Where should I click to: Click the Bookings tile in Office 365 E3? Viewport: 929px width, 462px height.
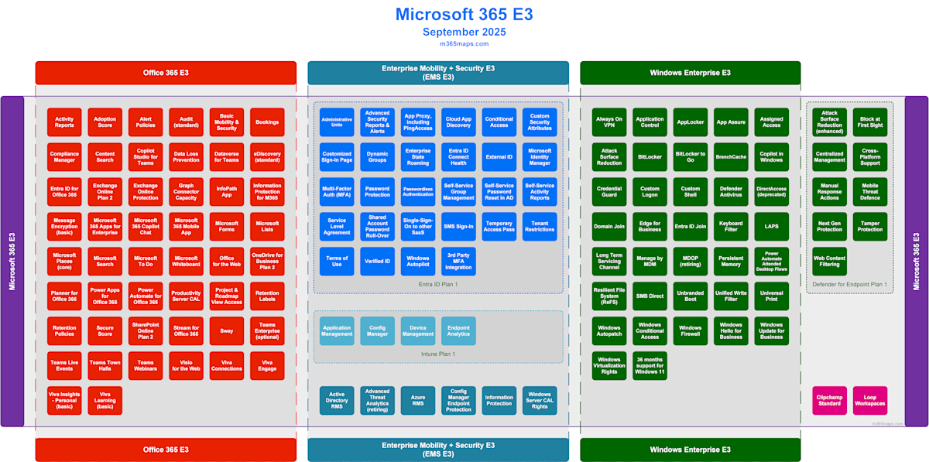pyautogui.click(x=267, y=122)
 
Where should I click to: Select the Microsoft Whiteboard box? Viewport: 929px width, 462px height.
pyautogui.click(x=186, y=262)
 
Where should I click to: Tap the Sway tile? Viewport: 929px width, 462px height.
pyautogui.click(x=227, y=330)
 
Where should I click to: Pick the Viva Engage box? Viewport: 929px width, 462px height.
pyautogui.click(x=267, y=365)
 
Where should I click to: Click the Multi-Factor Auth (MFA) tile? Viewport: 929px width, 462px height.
pyautogui.click(x=337, y=192)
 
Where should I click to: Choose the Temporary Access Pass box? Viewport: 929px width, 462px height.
pyautogui.click(x=499, y=227)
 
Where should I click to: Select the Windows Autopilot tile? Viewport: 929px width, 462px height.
pyautogui.click(x=418, y=262)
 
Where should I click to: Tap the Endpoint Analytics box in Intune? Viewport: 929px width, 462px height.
pyautogui.click(x=458, y=330)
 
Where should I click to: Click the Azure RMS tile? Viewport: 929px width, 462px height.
pyautogui.click(x=418, y=400)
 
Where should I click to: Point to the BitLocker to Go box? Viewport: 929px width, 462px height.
pyautogui.click(x=690, y=157)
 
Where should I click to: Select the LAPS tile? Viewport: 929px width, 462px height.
pyautogui.click(x=771, y=227)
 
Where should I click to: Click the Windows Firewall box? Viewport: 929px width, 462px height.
pyautogui.click(x=690, y=330)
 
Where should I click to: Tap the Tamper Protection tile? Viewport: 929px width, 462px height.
pyautogui.click(x=869, y=227)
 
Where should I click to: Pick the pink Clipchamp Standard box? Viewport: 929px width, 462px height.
pyautogui.click(x=829, y=400)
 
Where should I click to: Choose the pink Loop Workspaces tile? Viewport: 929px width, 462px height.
pyautogui.click(x=869, y=400)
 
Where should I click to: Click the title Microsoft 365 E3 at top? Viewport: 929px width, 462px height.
pyautogui.click(x=464, y=15)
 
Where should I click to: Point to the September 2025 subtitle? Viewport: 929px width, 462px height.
pyautogui.click(x=464, y=33)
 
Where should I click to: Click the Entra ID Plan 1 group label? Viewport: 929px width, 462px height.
pyautogui.click(x=438, y=285)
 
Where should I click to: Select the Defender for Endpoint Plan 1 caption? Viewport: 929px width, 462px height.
pyautogui.click(x=849, y=285)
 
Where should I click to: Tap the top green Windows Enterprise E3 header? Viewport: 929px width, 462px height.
pyautogui.click(x=690, y=73)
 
